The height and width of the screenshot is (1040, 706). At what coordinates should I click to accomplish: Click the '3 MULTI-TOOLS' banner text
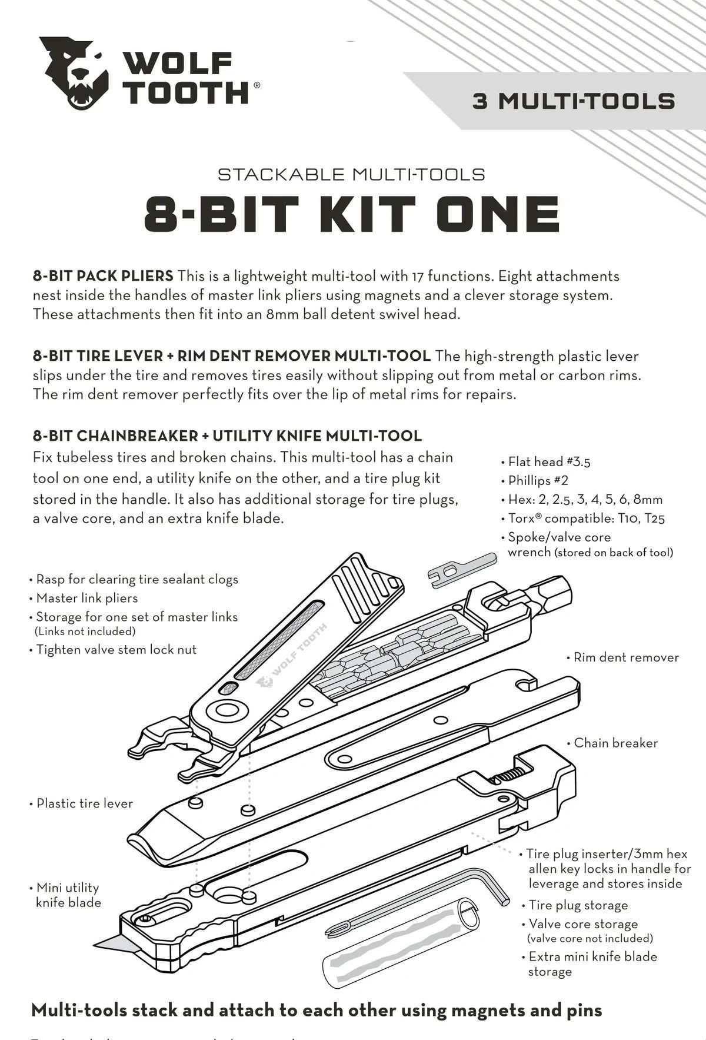click(573, 101)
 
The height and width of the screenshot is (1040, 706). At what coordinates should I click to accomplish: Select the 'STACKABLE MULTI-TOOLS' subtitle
click(351, 174)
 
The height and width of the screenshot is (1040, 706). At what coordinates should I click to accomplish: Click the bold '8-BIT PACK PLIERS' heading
click(103, 276)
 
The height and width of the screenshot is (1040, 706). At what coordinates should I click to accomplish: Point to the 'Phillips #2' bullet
click(538, 480)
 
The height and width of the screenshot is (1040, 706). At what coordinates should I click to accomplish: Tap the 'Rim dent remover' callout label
click(625, 657)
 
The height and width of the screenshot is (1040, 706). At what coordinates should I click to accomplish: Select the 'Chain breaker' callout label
click(615, 743)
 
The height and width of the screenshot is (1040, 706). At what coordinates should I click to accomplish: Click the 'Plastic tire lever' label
click(84, 803)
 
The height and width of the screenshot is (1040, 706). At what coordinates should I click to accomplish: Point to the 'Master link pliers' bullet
click(86, 598)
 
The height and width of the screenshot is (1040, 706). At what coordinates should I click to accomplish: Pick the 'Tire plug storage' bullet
click(578, 905)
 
